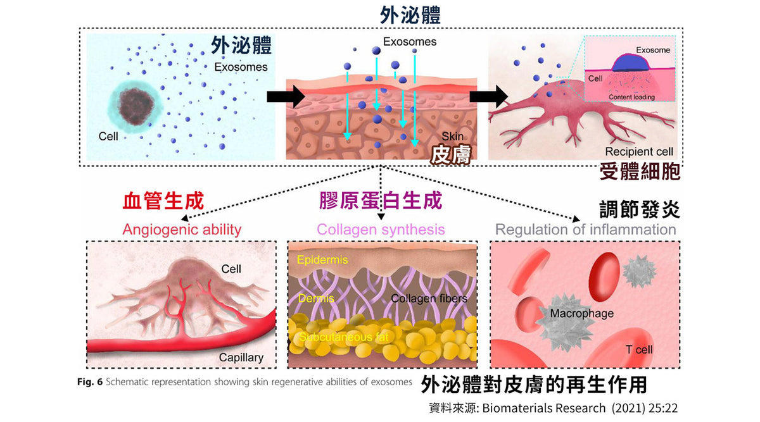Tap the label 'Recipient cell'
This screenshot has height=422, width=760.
point(639,152)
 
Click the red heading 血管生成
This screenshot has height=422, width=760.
point(163,201)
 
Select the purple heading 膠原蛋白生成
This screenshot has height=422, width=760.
point(381,201)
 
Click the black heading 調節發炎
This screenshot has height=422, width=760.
point(640,209)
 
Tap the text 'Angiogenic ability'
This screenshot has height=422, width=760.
point(182,229)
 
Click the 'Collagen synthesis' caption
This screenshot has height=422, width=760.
point(381,229)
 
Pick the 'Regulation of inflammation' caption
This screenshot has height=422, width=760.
point(586,229)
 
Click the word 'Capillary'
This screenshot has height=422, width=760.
point(241,357)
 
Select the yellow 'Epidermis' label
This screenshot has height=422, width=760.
point(322,259)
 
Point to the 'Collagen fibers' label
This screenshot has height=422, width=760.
point(429,299)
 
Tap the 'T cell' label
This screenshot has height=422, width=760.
point(638,350)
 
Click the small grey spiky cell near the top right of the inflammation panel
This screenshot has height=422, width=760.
point(638,271)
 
